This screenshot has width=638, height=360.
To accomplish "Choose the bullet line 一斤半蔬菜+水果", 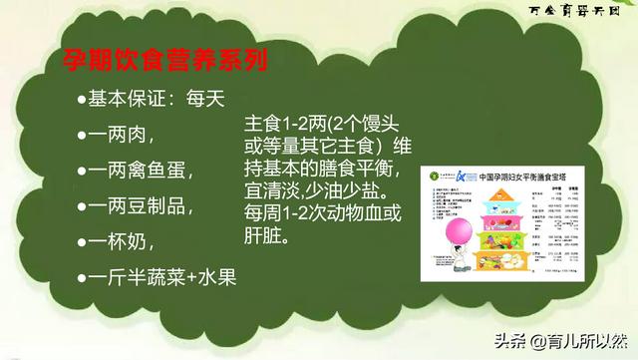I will click(163, 276).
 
